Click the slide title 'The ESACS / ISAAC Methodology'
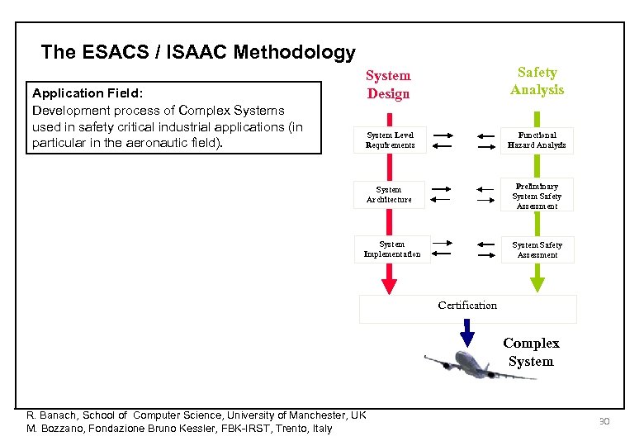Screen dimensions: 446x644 [x=198, y=53]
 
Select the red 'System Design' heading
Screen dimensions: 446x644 [x=388, y=84]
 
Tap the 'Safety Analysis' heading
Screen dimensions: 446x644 [x=537, y=81]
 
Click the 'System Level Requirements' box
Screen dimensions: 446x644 [x=391, y=140]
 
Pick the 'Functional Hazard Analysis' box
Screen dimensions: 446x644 [x=537, y=140]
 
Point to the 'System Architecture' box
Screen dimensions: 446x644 [x=389, y=195]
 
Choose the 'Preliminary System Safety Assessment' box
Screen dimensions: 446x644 [x=537, y=197]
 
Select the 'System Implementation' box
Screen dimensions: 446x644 [x=392, y=249]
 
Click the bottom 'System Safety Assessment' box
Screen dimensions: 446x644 [x=537, y=249]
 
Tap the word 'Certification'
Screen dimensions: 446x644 [x=467, y=306]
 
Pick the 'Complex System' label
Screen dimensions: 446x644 [x=531, y=353]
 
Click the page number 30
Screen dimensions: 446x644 [x=604, y=422]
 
